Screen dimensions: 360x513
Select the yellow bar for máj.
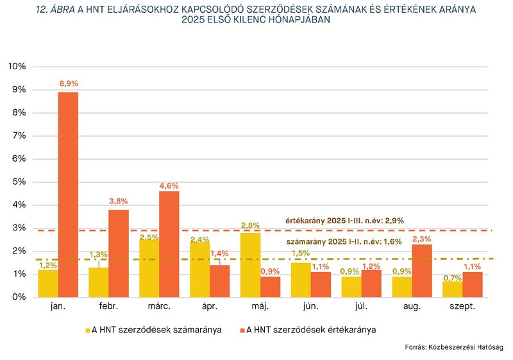click(x=250, y=264)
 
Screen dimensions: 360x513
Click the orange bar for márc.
click(x=169, y=244)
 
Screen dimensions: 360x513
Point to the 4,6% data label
click(x=169, y=185)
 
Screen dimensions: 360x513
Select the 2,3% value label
click(x=421, y=239)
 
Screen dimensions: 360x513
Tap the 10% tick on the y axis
click(x=17, y=67)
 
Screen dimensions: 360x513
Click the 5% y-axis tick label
click(x=19, y=182)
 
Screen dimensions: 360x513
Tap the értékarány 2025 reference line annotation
click(x=344, y=221)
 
